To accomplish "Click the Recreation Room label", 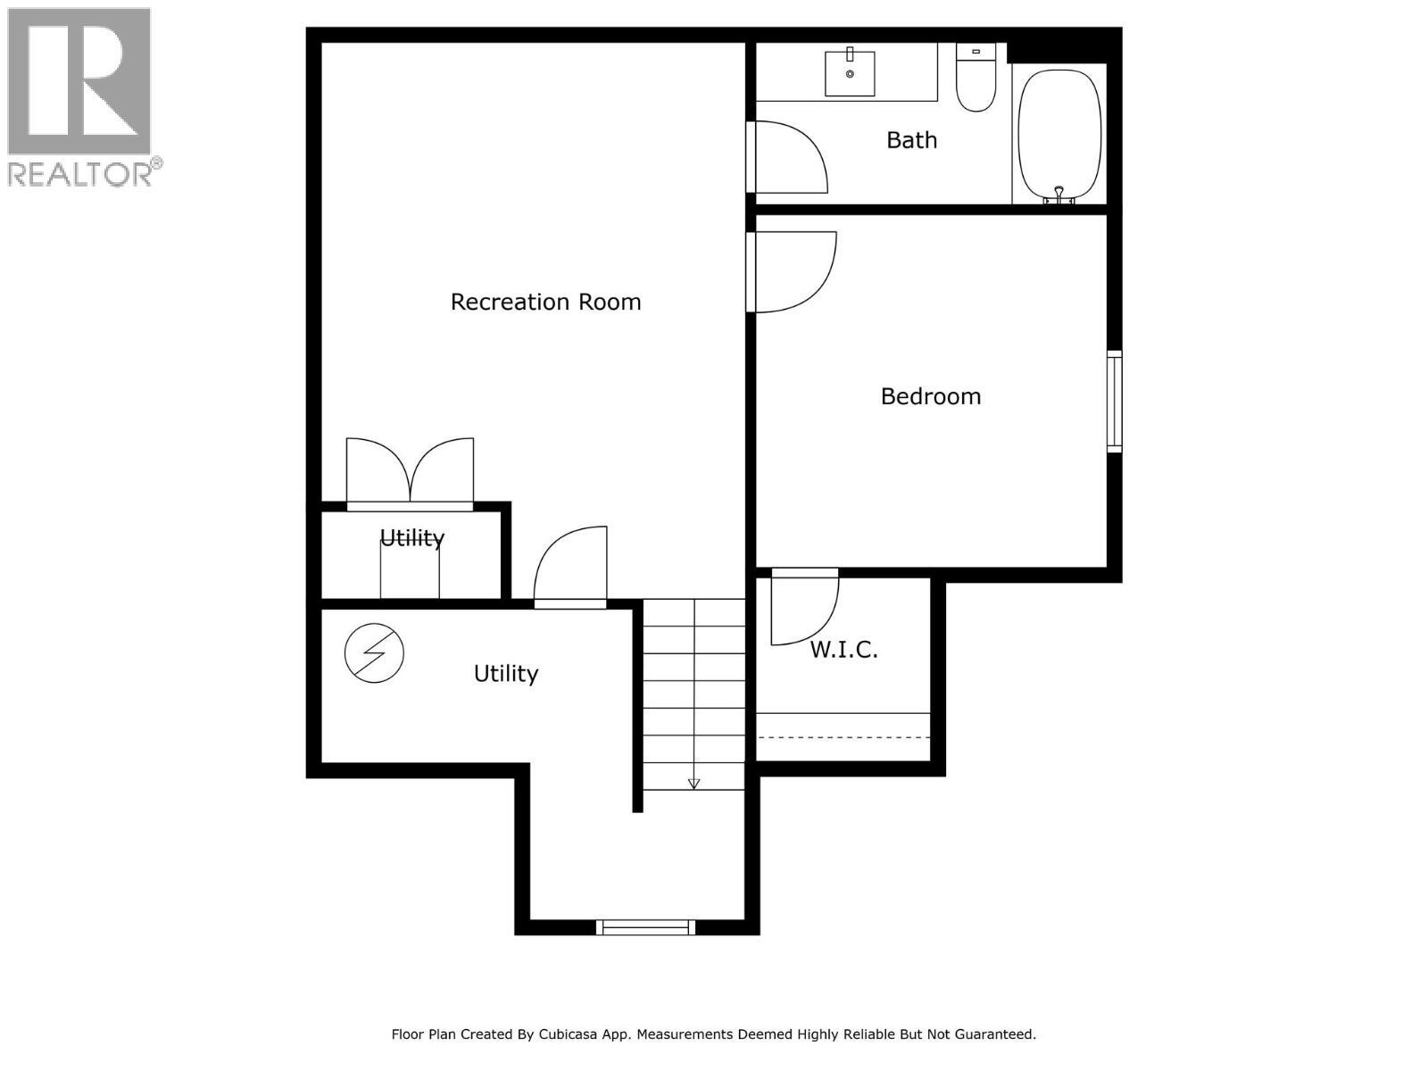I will click(x=545, y=302).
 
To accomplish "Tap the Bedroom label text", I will click(x=930, y=396).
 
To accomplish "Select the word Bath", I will click(x=911, y=140).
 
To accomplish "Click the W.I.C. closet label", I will click(x=843, y=650).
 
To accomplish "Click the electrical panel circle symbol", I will click(x=374, y=653).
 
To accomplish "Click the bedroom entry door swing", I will click(x=793, y=270).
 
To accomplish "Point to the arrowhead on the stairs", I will click(x=693, y=784).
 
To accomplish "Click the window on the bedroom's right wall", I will click(x=1114, y=401).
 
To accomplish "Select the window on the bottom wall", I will click(x=645, y=927).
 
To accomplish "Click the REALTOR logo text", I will click(x=85, y=173).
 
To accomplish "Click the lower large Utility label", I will click(x=505, y=674).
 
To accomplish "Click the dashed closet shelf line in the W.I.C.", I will click(x=843, y=737).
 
